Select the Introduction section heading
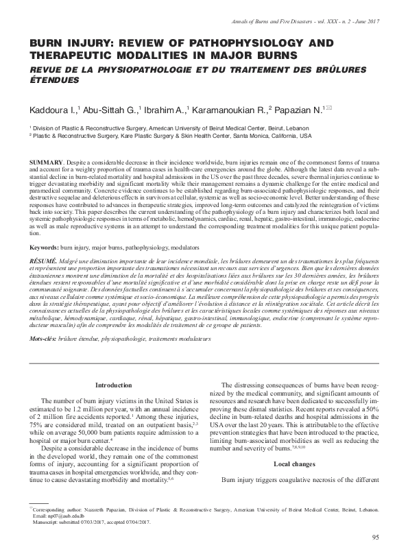pyautogui.click(x=113, y=385)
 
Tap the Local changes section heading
pyautogui.click(x=296, y=464)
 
